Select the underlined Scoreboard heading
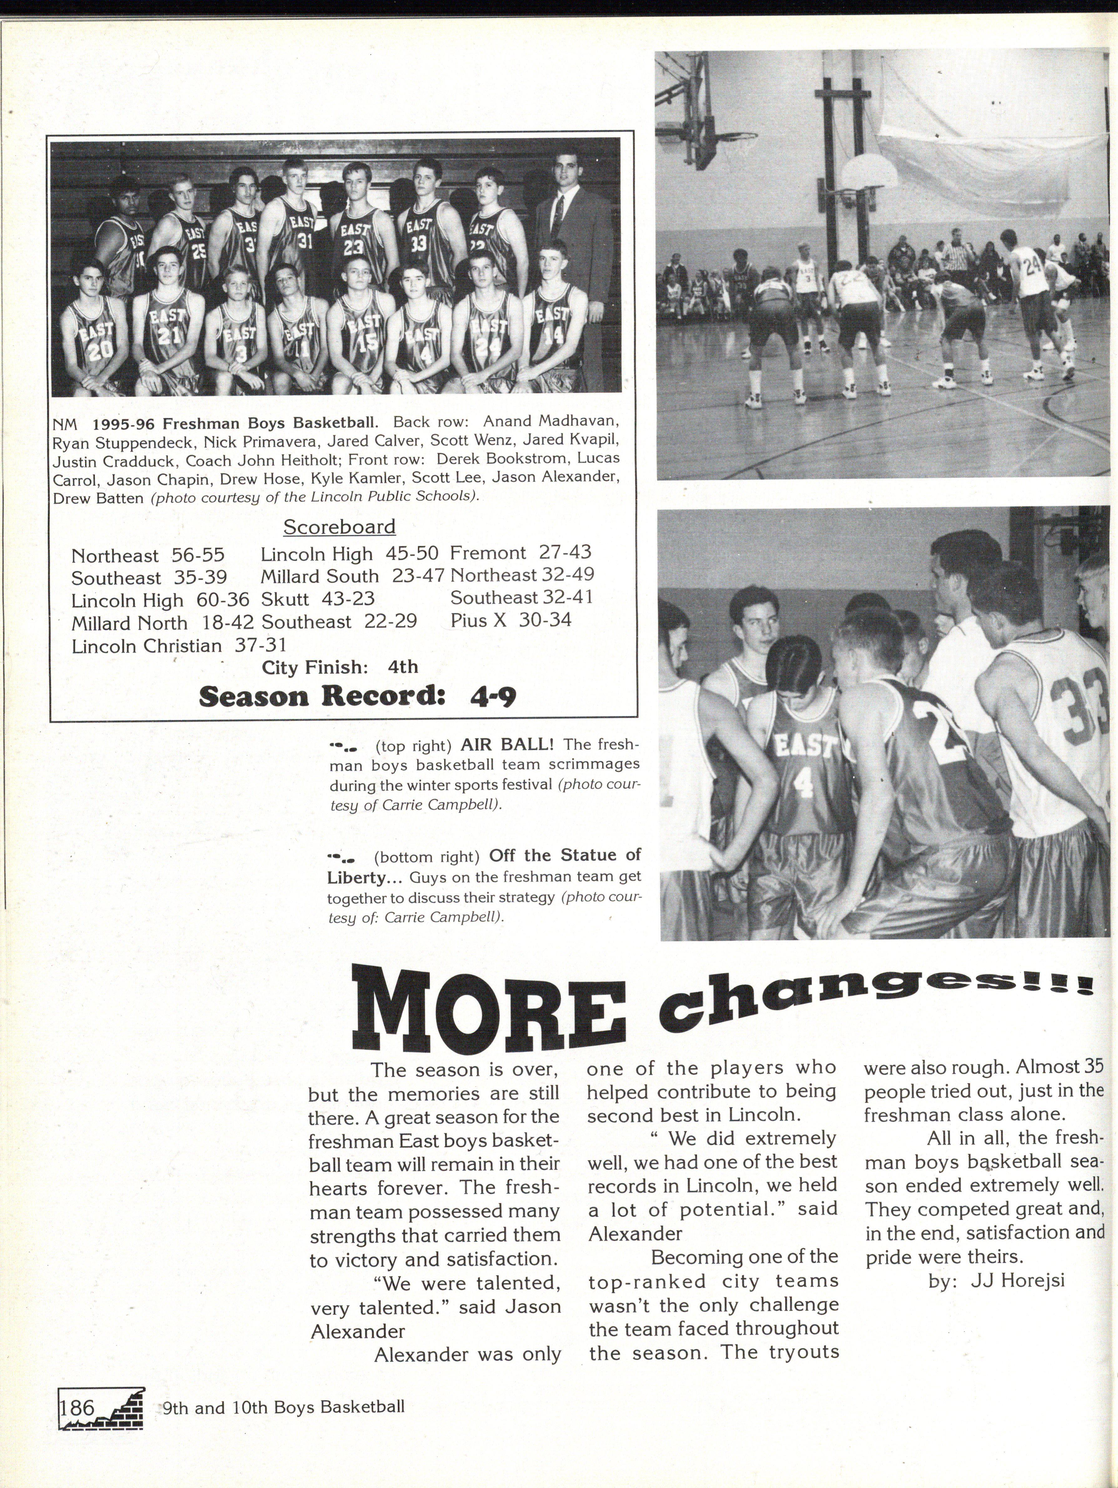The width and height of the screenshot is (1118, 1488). [339, 527]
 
